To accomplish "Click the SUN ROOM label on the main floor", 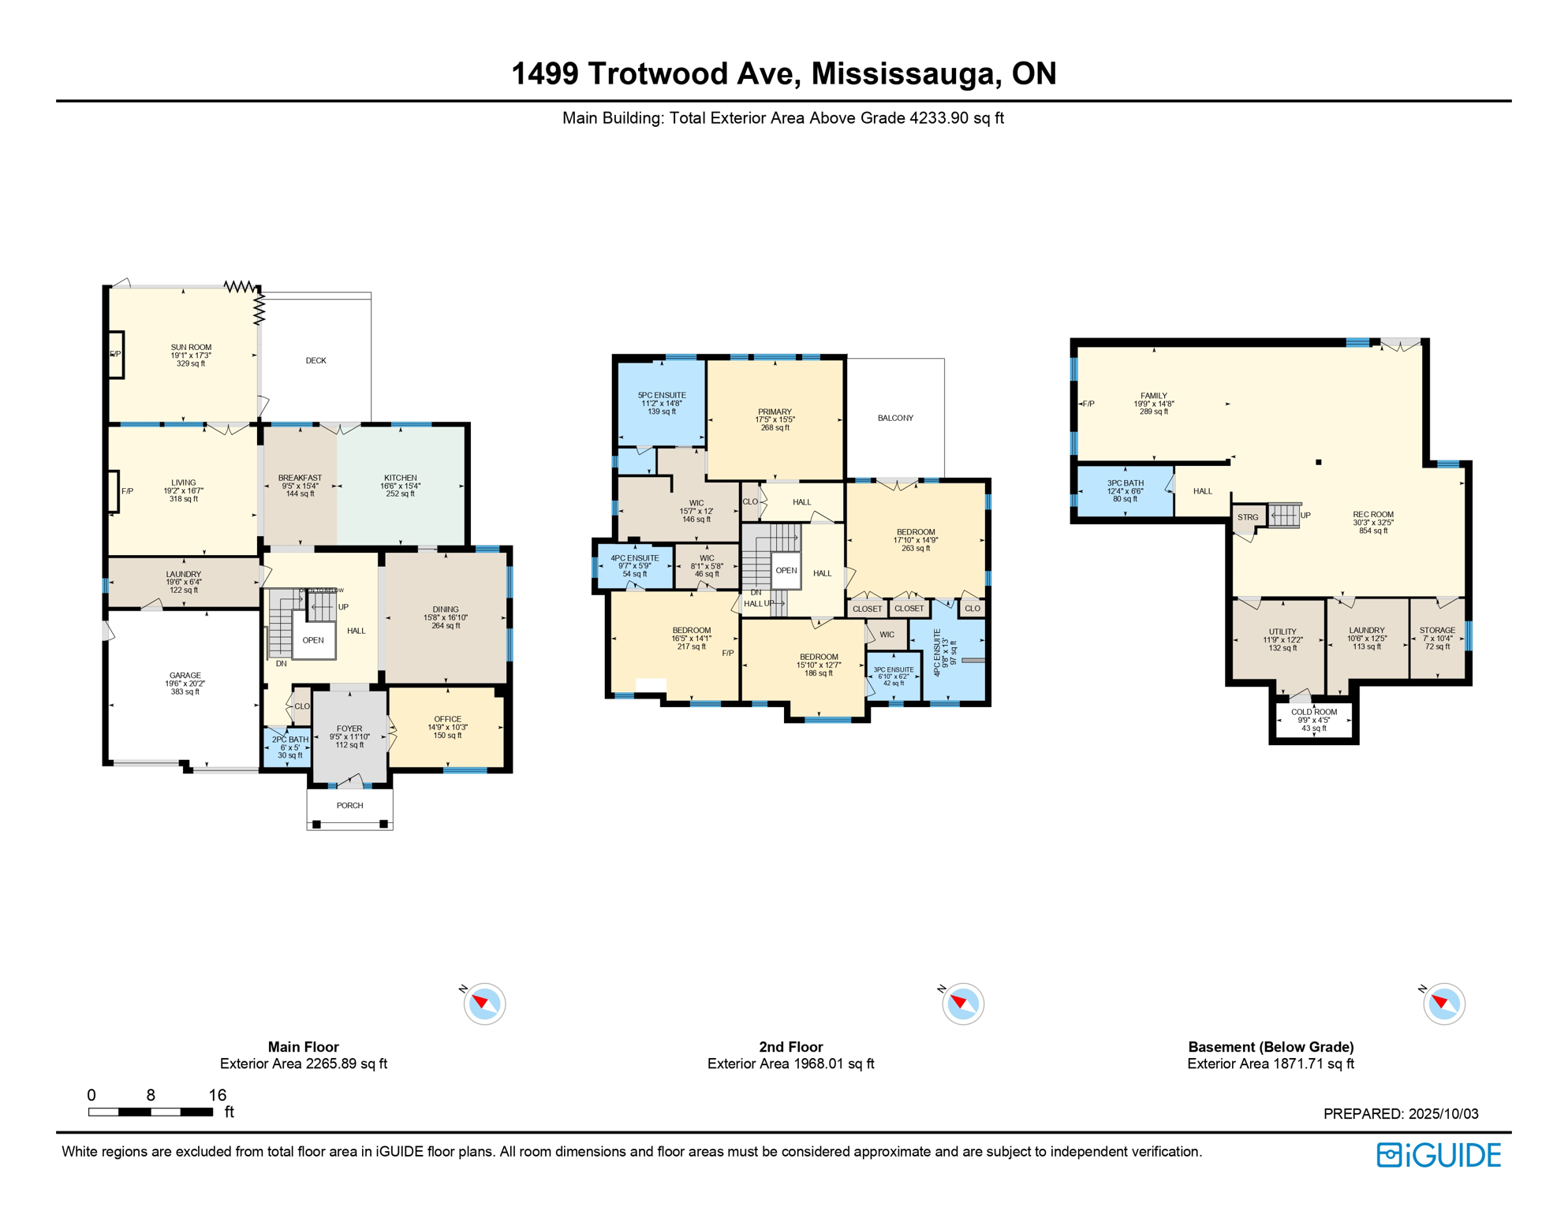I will click(x=191, y=348).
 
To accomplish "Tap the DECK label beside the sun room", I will click(x=315, y=360).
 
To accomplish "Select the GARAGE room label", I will click(x=185, y=676).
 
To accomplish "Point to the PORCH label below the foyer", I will click(x=349, y=806).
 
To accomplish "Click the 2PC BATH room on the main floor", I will click(x=289, y=747).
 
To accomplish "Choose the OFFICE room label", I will click(x=447, y=719).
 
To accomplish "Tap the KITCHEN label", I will click(x=401, y=478).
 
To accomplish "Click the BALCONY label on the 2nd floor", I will click(x=895, y=418).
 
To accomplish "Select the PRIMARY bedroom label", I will click(x=775, y=412).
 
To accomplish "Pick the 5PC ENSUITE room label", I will click(x=662, y=395).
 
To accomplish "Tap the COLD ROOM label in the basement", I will click(x=1314, y=712).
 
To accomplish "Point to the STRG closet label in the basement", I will click(x=1248, y=517).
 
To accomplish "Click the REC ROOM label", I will click(x=1373, y=514).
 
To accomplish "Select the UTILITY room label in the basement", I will click(x=1282, y=632).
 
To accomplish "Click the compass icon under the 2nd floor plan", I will click(x=963, y=1004).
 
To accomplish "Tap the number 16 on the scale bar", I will click(x=218, y=1095).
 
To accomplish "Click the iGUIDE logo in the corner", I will click(x=1439, y=1155).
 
